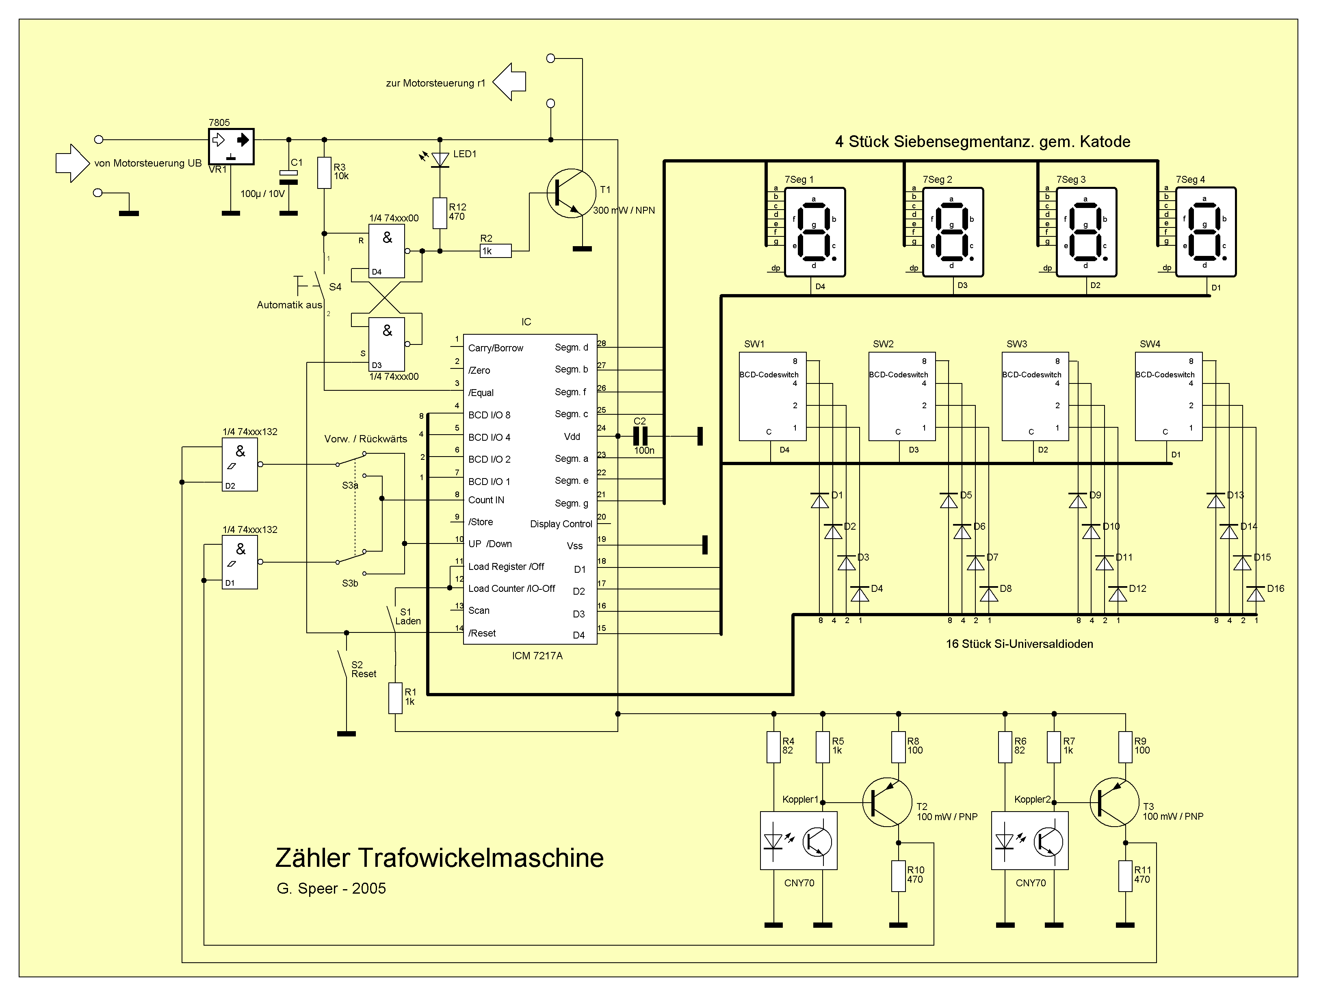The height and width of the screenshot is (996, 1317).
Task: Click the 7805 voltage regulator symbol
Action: click(x=231, y=146)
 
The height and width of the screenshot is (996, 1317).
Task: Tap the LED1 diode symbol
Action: click(x=440, y=159)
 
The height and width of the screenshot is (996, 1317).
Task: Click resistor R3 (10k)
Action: click(x=324, y=173)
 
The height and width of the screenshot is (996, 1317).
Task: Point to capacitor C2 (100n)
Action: click(x=640, y=436)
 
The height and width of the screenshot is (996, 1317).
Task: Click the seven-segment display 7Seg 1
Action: click(x=814, y=232)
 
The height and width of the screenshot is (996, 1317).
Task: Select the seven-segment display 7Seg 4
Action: click(x=1206, y=232)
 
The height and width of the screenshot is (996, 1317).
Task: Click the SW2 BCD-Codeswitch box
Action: click(x=902, y=396)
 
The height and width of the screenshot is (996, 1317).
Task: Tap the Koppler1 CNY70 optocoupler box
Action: click(x=798, y=840)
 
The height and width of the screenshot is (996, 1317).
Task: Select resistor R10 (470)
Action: click(x=899, y=876)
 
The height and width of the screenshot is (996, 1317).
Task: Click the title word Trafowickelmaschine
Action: click(x=481, y=858)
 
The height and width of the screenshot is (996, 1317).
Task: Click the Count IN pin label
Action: click(x=486, y=500)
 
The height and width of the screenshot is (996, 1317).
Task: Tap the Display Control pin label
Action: click(x=561, y=524)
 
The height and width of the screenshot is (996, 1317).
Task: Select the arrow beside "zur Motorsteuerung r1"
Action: click(x=510, y=82)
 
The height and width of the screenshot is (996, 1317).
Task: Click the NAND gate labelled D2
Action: click(x=240, y=464)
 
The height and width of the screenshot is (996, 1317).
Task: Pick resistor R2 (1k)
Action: click(x=495, y=251)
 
